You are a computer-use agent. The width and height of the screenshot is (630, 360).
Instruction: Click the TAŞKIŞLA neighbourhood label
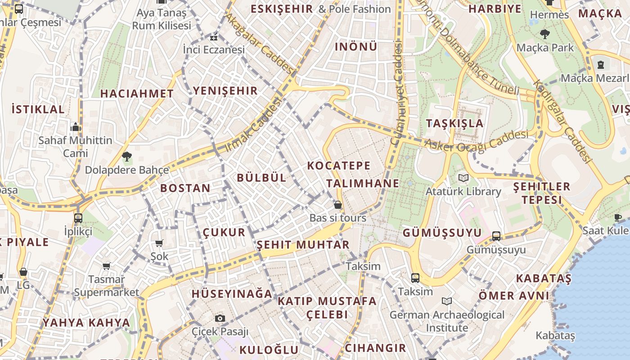click(454, 123)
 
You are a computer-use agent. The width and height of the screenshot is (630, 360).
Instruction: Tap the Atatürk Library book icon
click(463, 178)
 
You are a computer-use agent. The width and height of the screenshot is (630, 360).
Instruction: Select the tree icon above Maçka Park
click(544, 34)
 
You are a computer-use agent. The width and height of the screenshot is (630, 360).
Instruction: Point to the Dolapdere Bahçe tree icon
click(127, 157)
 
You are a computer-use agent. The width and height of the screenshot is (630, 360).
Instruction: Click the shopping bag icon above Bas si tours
click(337, 205)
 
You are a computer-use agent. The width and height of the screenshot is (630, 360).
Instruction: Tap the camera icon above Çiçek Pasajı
click(220, 319)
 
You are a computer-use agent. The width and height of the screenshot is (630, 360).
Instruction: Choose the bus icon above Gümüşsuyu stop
click(496, 236)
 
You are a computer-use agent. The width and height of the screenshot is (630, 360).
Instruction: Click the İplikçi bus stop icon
click(78, 218)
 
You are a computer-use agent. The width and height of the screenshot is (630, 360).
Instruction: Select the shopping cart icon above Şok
click(159, 243)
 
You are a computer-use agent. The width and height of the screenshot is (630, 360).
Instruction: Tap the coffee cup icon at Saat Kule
click(618, 217)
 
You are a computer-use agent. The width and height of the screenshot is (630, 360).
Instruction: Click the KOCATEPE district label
click(339, 166)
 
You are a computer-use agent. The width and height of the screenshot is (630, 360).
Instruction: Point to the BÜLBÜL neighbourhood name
click(261, 178)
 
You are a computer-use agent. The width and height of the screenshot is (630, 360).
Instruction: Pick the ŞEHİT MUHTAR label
click(303, 245)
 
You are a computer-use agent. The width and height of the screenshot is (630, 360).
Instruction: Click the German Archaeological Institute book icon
click(447, 301)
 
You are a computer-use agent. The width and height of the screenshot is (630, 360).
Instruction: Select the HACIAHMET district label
click(137, 94)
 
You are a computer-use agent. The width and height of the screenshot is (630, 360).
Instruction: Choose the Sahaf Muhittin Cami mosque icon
click(76, 127)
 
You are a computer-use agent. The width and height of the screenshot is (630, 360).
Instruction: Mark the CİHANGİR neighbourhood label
click(375, 348)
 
